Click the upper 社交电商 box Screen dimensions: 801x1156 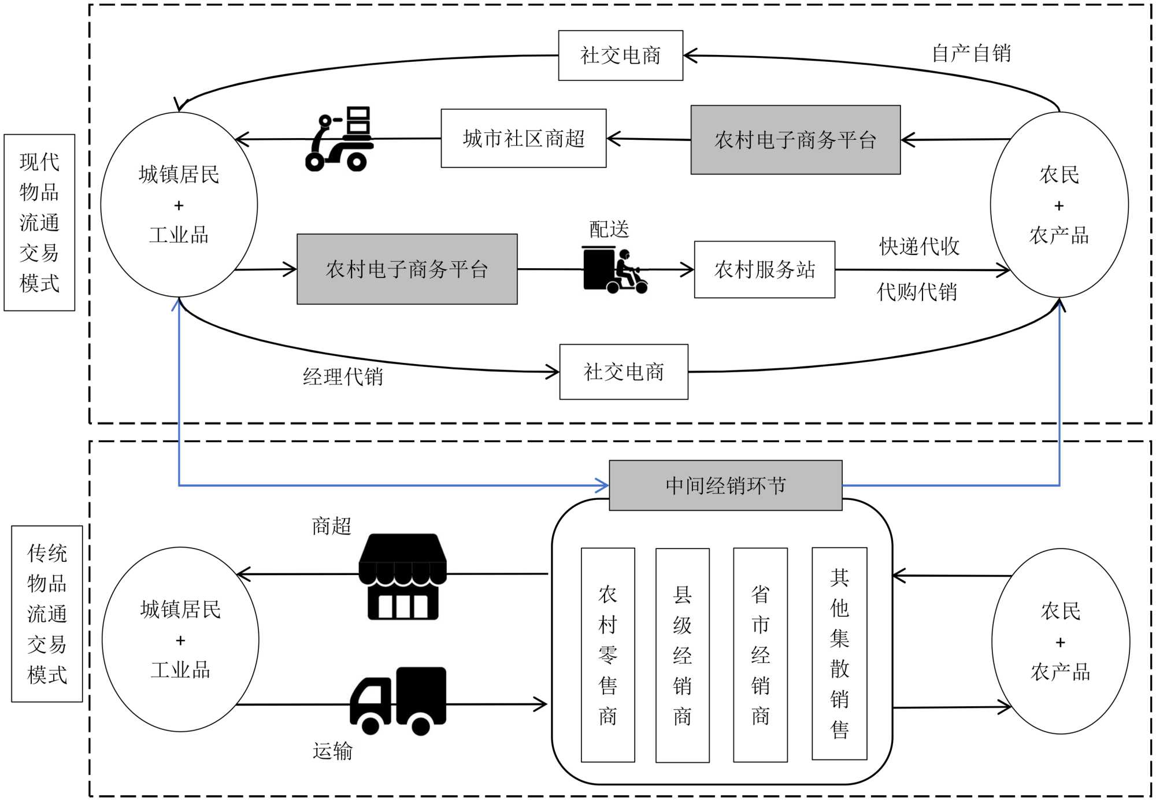click(620, 55)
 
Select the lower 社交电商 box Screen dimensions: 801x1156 click(624, 372)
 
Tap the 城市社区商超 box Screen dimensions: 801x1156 click(523, 139)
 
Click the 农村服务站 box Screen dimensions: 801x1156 click(764, 269)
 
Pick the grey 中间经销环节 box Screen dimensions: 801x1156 click(725, 485)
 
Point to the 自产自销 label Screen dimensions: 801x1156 click(971, 53)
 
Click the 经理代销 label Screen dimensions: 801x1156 click(343, 377)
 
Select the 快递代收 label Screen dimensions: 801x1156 click(919, 246)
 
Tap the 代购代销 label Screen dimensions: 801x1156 click(917, 292)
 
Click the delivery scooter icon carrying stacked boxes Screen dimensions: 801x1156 click(339, 139)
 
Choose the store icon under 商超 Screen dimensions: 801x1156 click(403, 577)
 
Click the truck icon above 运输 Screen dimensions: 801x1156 click(398, 701)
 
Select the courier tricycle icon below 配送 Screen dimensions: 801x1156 click(614, 270)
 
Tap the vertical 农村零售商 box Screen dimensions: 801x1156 click(607, 655)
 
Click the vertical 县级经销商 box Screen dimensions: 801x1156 click(682, 655)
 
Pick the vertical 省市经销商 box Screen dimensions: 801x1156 click(760, 655)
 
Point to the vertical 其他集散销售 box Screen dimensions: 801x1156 click(839, 654)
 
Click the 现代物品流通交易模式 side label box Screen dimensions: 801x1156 click(39, 222)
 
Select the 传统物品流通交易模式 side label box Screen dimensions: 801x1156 click(47, 614)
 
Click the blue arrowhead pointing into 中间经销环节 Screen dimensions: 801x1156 click(603, 485)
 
